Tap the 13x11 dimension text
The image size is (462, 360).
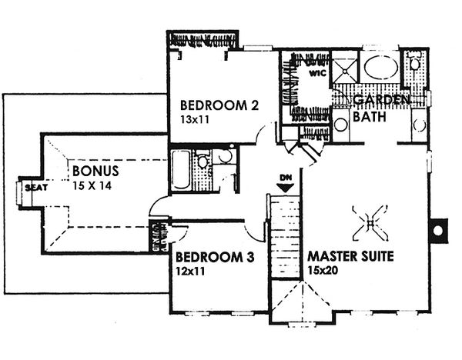pos(196,120)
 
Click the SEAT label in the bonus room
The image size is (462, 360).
pos(32,187)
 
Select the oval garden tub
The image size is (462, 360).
pos(380,67)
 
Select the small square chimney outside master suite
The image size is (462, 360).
pos(439,229)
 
